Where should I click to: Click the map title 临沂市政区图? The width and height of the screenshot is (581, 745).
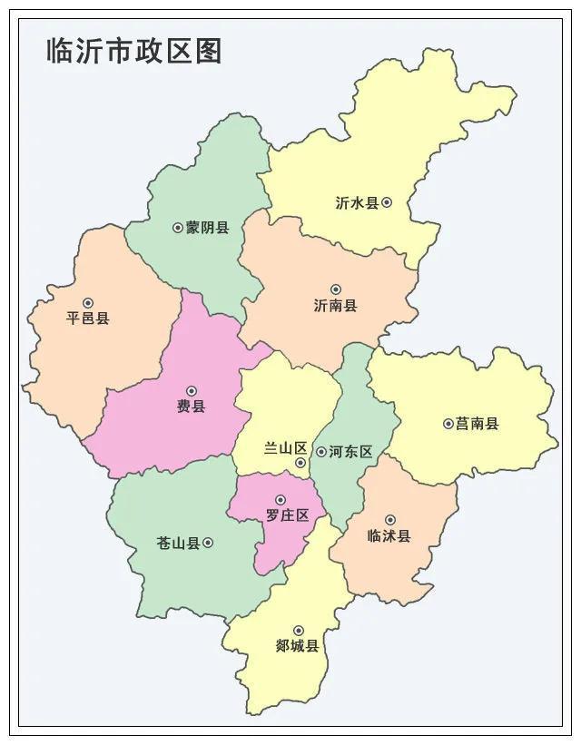point(134,51)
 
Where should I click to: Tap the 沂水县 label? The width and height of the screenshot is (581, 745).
point(357,203)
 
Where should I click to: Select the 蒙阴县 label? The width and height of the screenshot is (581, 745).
point(208,228)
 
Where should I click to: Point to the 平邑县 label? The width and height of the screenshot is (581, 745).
point(88,319)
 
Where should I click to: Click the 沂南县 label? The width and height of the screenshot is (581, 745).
point(335,306)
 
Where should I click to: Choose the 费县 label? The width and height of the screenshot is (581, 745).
point(191,407)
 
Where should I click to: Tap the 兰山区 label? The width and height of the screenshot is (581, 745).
point(286,449)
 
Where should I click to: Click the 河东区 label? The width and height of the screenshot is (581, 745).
point(351,451)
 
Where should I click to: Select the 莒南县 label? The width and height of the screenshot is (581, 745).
point(478,424)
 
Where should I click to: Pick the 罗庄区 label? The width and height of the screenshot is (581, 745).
point(287,515)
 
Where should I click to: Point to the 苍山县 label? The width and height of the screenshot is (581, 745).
point(178,544)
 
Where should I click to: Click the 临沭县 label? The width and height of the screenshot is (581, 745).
point(389,536)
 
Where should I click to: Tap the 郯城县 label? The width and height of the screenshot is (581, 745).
point(297,646)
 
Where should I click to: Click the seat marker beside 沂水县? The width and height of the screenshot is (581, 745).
point(387,202)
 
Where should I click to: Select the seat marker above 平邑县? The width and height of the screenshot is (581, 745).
point(88,303)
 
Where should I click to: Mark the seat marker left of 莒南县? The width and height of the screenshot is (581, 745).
point(448,424)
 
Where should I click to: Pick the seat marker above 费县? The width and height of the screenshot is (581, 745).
point(191,391)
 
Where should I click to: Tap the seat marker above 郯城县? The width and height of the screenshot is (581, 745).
point(298,631)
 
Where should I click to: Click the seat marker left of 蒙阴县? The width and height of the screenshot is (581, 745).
point(178,228)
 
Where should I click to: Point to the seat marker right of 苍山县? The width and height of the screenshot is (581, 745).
point(208,543)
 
